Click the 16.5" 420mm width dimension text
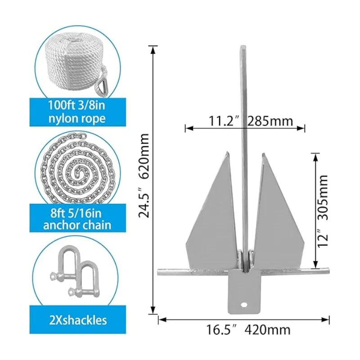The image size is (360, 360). pos(246,330)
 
